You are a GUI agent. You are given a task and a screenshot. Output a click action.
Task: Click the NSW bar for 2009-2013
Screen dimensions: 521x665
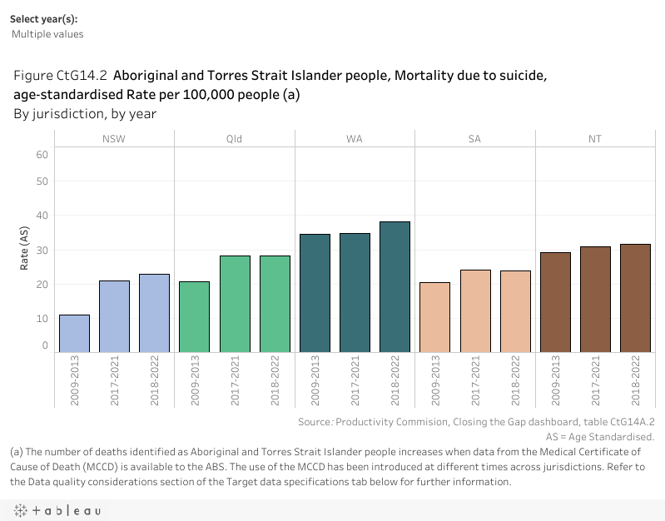coord(74,333)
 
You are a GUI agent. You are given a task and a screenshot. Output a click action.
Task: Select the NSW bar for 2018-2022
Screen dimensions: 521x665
coord(155,313)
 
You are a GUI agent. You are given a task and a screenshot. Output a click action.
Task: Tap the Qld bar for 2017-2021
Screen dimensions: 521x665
coord(235,304)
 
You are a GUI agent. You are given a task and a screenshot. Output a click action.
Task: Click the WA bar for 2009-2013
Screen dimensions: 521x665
coord(315,293)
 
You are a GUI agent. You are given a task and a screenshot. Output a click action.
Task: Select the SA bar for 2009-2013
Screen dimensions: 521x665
coord(435,317)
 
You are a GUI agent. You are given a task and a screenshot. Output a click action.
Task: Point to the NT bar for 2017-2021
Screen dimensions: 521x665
coord(595,299)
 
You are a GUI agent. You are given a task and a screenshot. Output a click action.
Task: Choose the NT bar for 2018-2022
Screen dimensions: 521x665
coord(636,297)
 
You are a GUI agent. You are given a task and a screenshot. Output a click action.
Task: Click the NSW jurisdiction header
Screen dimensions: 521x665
coord(114,139)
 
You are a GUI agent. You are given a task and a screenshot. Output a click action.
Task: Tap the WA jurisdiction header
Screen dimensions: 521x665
coord(355,139)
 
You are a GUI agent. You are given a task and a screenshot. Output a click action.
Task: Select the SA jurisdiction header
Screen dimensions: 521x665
coord(475,139)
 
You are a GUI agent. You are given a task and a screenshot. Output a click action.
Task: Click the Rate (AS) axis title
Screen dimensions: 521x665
coord(25,250)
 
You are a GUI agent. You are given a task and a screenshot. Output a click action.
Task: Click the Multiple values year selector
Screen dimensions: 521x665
coord(48,34)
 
